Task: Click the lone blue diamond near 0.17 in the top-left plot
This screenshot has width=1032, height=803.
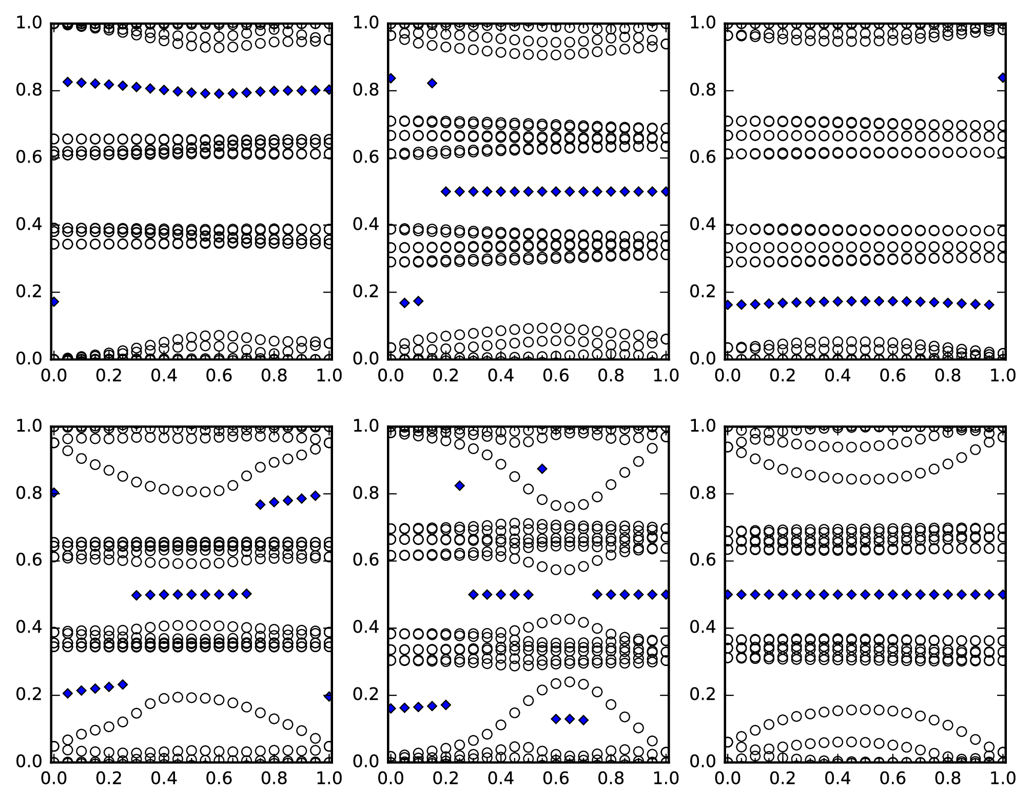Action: (x=53, y=302)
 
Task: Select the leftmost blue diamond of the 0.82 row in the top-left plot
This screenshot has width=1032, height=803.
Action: (x=67, y=82)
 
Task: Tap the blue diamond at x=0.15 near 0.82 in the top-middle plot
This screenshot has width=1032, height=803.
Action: (x=432, y=83)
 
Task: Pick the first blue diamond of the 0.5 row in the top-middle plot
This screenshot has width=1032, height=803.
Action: (x=446, y=191)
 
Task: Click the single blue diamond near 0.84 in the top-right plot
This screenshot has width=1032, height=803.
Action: (x=1002, y=77)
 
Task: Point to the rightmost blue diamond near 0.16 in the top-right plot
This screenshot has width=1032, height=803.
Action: (x=989, y=305)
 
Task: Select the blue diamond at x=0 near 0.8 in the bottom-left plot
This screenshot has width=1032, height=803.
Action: (x=53, y=493)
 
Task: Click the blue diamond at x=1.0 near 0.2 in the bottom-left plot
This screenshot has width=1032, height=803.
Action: (x=329, y=696)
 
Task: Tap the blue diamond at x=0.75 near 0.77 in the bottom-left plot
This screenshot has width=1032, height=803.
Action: (x=260, y=505)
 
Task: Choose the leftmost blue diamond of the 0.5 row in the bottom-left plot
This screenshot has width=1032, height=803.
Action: (x=137, y=596)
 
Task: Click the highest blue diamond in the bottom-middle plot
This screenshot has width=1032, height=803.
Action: (x=542, y=468)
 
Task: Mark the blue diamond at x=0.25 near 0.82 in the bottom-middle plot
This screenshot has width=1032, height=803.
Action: (x=460, y=486)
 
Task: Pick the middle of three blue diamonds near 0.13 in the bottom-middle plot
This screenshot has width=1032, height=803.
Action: (x=570, y=719)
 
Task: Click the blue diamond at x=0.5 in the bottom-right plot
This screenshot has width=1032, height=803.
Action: (x=865, y=595)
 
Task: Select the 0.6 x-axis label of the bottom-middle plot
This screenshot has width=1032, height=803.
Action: (x=556, y=778)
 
